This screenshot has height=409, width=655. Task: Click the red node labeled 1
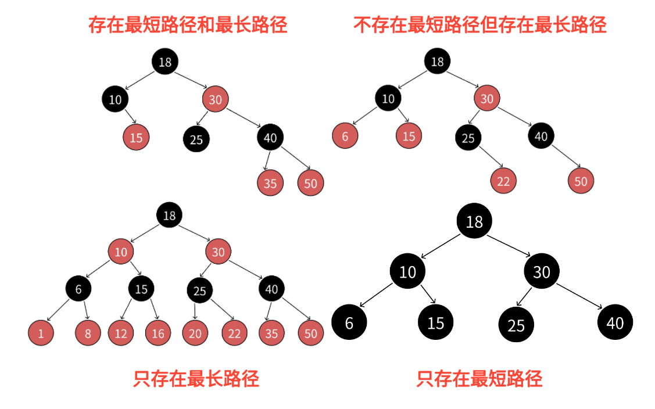(41, 333)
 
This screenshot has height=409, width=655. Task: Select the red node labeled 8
(88, 333)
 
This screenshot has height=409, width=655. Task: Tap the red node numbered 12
(121, 333)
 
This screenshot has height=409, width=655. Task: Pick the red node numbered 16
(158, 333)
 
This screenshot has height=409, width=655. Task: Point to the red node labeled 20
(195, 333)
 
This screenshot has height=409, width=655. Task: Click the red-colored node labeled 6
(345, 137)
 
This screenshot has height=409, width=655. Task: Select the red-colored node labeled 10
(121, 252)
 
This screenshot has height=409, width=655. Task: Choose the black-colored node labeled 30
(542, 271)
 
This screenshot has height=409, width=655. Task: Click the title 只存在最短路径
(479, 379)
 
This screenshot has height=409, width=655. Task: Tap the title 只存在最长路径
(196, 379)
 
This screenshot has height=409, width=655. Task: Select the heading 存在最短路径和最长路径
(188, 25)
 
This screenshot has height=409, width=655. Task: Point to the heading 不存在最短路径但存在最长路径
(480, 25)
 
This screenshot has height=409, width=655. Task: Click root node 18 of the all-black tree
(474, 221)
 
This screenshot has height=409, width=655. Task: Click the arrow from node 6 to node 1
(60, 310)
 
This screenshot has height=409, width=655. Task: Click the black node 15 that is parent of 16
(141, 289)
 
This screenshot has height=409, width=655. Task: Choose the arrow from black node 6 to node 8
(85, 310)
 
